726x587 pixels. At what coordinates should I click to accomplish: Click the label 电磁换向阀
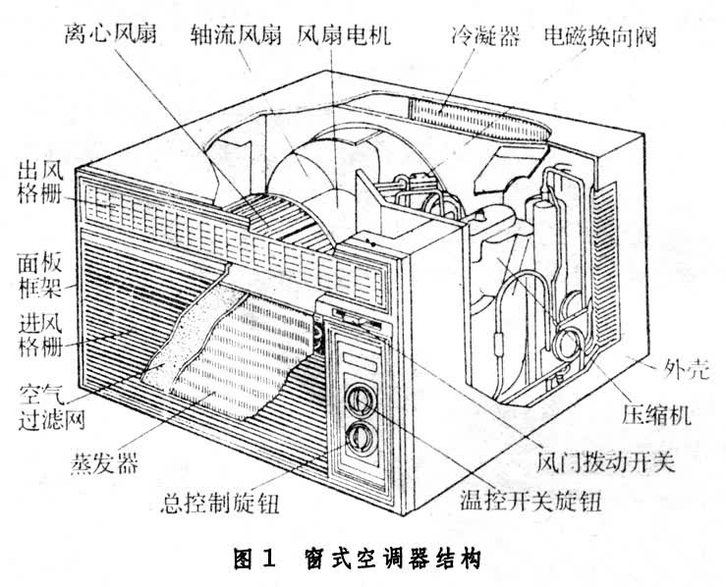pos(600,36)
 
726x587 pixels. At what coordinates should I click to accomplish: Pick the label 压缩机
pos(658,413)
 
